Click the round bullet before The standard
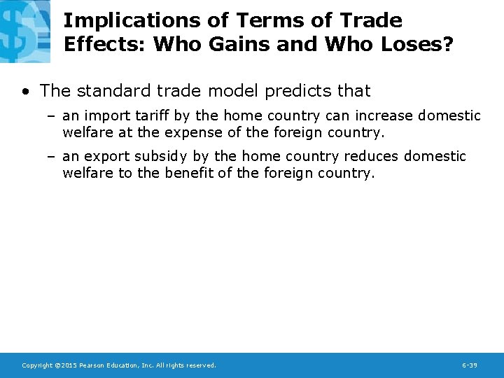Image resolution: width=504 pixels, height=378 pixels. click(x=25, y=92)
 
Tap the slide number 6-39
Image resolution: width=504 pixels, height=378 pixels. click(x=470, y=365)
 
